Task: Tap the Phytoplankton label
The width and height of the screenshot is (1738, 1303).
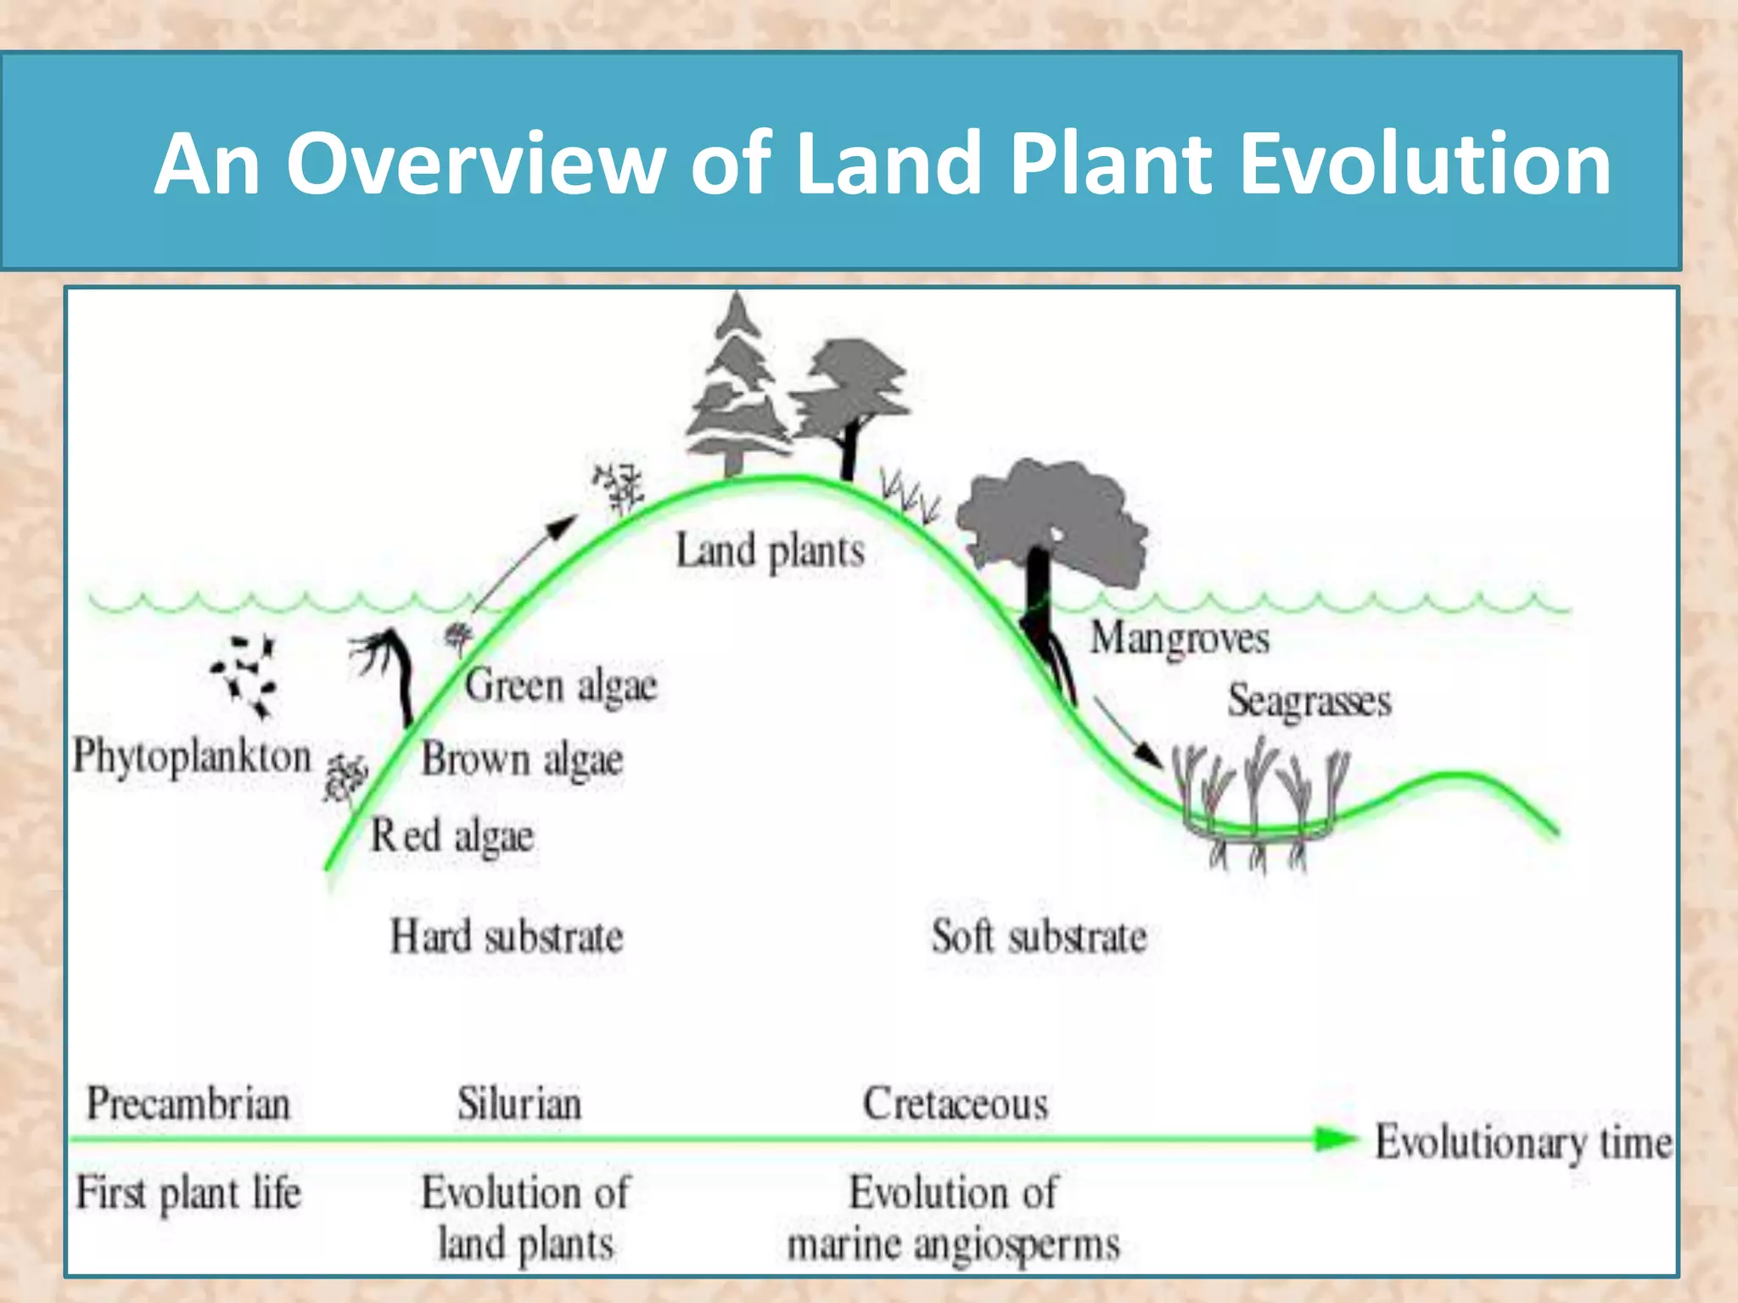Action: click(x=193, y=756)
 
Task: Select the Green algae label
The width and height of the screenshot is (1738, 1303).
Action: click(x=561, y=685)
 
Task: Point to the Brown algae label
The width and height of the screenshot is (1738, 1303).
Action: click(x=522, y=758)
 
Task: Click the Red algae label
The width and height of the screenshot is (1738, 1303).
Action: click(x=452, y=836)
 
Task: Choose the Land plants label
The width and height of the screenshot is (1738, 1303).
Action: click(x=770, y=551)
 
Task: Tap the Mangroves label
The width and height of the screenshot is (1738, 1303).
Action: click(x=1180, y=638)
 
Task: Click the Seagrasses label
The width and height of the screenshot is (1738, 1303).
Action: click(x=1309, y=702)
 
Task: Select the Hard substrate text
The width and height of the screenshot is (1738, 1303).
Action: click(x=507, y=937)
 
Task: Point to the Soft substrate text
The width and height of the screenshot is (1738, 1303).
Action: click(x=1039, y=937)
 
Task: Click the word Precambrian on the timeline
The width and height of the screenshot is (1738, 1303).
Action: click(x=188, y=1104)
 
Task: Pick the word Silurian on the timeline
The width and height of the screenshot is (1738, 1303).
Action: click(x=519, y=1104)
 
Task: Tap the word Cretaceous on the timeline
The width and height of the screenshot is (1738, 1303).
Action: click(x=956, y=1104)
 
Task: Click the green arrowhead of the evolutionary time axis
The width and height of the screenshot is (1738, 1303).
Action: click(x=1337, y=1139)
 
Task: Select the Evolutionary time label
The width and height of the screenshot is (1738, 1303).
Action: click(x=1523, y=1142)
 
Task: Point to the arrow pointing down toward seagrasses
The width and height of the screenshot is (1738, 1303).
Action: click(x=1127, y=731)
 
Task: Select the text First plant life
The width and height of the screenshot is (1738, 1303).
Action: click(x=188, y=1193)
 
